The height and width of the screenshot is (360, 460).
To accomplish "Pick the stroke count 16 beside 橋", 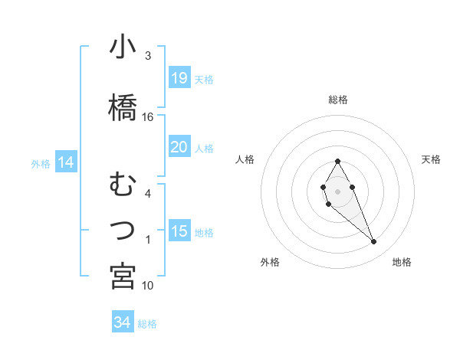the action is [148, 117].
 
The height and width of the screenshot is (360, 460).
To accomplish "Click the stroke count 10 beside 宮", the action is [148, 286].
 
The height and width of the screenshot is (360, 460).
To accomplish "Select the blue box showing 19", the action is [179, 77].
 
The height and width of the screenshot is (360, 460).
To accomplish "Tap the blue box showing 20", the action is [179, 147].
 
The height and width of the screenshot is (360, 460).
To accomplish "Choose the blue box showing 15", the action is [179, 231].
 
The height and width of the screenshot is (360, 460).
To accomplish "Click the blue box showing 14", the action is [66, 162].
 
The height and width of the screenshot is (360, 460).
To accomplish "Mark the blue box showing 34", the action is [122, 322].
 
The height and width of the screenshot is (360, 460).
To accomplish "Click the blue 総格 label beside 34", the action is [147, 324].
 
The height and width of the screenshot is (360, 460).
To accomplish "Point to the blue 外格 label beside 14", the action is [41, 163].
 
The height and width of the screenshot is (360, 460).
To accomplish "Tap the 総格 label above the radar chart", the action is [338, 100].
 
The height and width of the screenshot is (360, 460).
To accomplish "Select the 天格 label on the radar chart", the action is [432, 159].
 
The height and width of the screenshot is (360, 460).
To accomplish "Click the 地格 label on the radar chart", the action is [402, 262].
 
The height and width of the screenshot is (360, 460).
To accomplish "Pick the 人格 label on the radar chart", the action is [245, 159].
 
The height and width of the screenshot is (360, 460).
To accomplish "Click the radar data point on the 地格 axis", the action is [374, 242].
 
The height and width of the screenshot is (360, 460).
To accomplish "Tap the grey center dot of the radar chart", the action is [337, 190].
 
